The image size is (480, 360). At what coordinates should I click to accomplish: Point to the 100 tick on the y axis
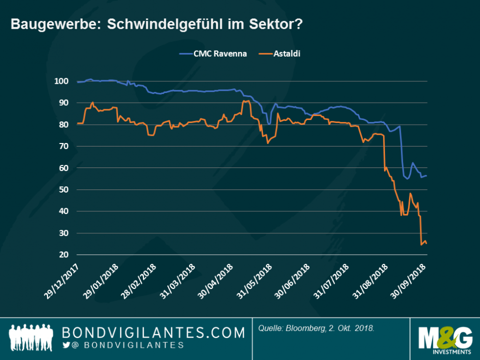coord(61,81)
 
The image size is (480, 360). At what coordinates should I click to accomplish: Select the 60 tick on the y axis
coord(63,168)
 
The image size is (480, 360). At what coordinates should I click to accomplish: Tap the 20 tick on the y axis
coord(63,254)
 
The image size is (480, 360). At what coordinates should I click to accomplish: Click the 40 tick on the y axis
coord(63,211)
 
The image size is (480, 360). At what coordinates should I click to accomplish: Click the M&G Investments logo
coord(444,339)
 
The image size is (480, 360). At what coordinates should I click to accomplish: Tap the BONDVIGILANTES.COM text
coord(153,333)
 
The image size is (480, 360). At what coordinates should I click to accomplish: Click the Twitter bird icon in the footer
coord(66,346)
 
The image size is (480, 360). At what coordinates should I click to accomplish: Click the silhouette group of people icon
coord(32,339)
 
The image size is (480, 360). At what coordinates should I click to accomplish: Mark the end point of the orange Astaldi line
coord(427,244)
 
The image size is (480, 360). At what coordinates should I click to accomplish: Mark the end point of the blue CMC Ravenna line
coord(427,176)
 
